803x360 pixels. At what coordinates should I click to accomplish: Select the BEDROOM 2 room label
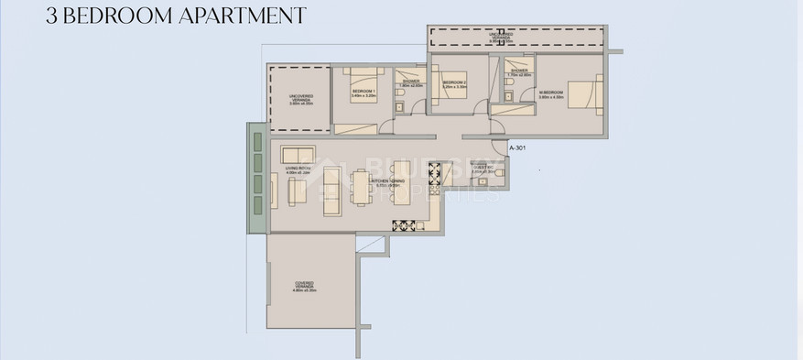454,82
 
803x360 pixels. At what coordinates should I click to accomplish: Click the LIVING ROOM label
299,169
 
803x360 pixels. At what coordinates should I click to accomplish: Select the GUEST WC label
483,169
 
